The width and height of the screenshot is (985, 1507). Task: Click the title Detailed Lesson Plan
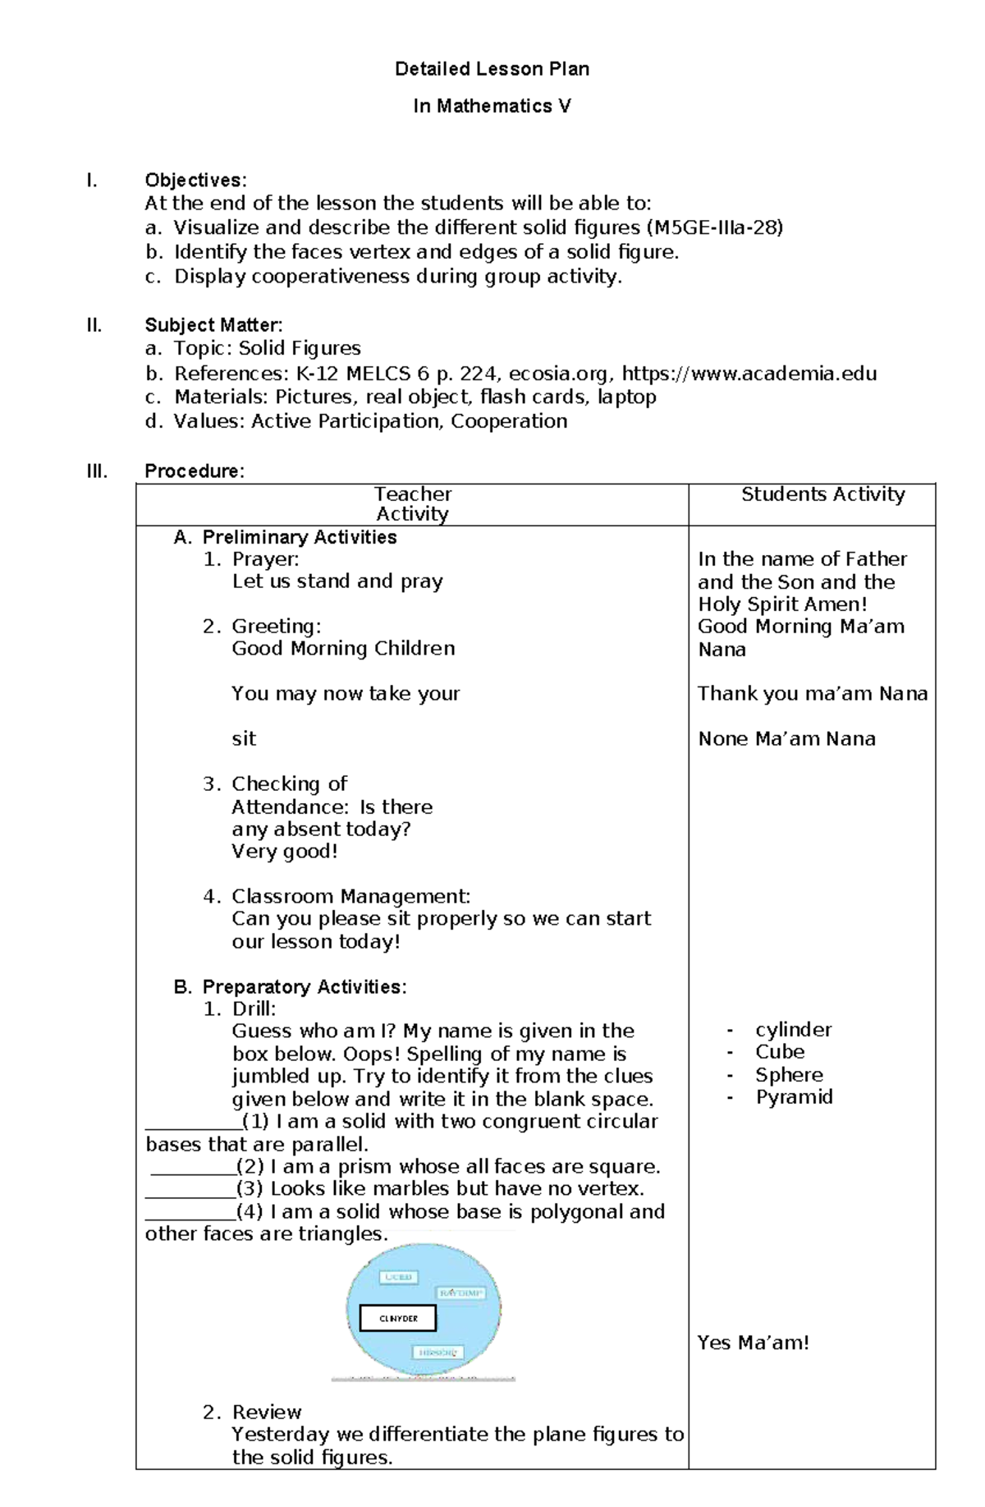point(492,69)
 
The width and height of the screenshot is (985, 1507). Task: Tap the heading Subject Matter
point(213,325)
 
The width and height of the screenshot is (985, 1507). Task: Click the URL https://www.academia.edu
point(749,374)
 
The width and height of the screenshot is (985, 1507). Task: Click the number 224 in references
point(478,374)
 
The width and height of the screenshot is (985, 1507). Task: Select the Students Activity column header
point(822,494)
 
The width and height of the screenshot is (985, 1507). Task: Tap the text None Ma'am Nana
point(786,738)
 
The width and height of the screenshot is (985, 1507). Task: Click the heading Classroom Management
point(350,896)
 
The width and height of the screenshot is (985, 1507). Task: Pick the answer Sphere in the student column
point(789,1075)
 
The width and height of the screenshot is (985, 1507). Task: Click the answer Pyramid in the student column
point(794,1097)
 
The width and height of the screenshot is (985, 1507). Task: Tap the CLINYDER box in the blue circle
point(398,1318)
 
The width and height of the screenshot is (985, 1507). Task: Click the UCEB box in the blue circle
point(398,1277)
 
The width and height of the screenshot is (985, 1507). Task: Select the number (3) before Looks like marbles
point(250,1188)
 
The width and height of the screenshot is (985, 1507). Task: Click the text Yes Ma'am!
point(753,1343)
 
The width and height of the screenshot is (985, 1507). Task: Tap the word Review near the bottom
point(267,1412)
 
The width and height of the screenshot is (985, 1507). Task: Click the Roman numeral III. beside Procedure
point(96,471)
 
